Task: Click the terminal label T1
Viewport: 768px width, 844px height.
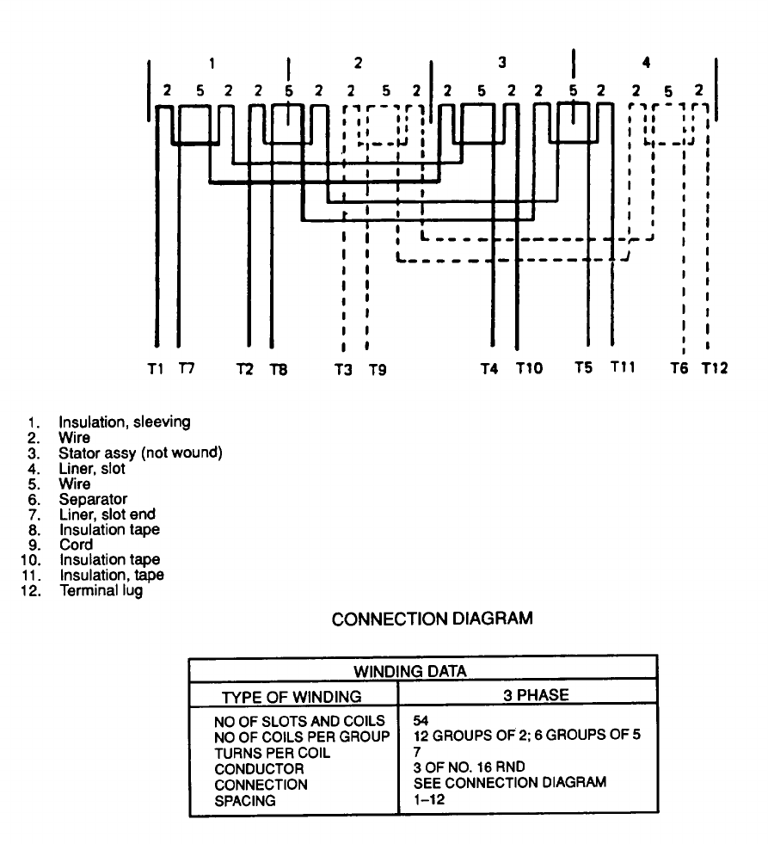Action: pos(155,369)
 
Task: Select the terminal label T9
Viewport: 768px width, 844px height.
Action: pos(378,371)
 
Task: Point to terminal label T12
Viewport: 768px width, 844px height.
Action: pos(714,369)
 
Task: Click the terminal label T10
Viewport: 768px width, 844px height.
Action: pos(529,369)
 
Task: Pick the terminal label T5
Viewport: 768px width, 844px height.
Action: pos(584,369)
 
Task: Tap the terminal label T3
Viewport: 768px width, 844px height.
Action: pos(344,371)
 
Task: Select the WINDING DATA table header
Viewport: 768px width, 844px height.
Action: pos(422,671)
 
